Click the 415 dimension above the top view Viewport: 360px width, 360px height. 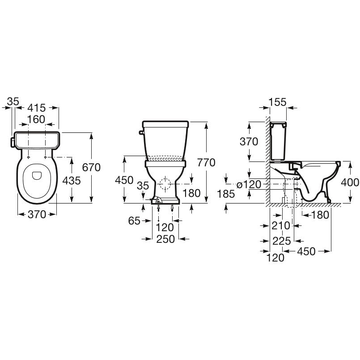37,108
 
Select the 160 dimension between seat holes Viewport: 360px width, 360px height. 36,119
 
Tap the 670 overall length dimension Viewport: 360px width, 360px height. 91,167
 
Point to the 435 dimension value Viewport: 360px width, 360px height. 72,181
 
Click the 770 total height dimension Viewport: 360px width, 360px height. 206,162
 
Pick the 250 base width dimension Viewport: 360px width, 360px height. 165,239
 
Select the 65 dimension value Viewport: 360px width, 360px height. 134,221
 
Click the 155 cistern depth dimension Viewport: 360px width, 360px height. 278,102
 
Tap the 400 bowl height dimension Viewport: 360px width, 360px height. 350,182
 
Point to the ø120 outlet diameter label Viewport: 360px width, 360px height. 249,184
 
